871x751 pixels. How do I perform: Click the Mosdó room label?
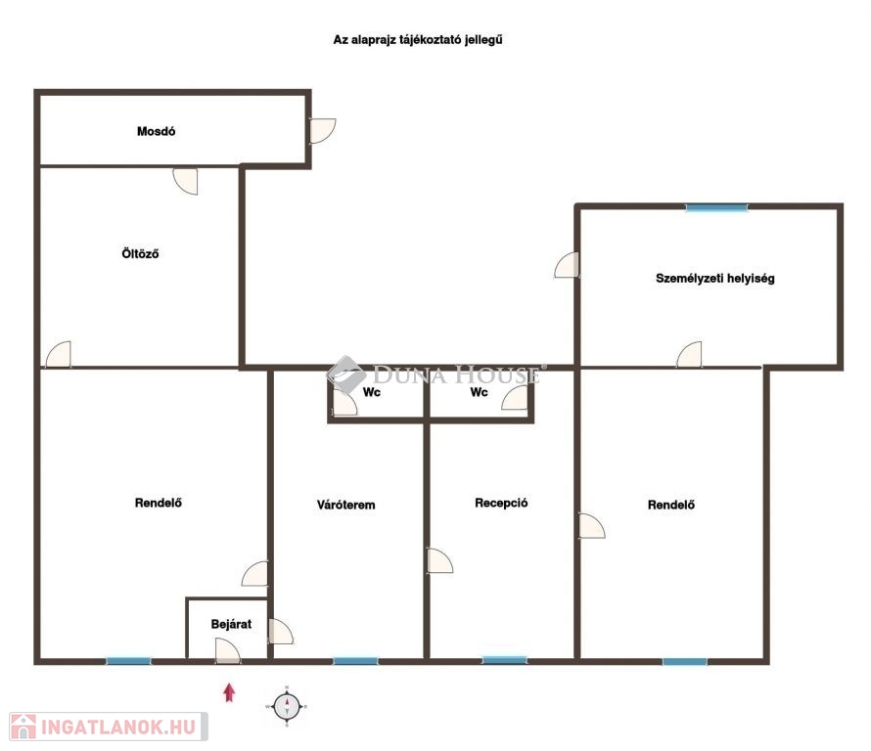click(x=156, y=132)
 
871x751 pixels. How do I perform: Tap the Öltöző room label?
click(x=140, y=253)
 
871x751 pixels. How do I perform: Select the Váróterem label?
click(x=345, y=505)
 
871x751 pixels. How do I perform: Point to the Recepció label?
click(x=501, y=503)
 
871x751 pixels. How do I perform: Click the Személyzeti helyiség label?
click(x=715, y=278)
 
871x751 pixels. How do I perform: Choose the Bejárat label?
click(x=231, y=624)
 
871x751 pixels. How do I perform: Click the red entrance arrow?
click(x=229, y=692)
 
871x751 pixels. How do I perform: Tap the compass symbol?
click(x=287, y=707)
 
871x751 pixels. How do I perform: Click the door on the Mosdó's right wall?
click(x=322, y=131)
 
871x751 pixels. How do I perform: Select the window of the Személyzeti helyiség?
click(x=716, y=207)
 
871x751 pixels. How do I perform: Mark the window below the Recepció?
click(x=504, y=660)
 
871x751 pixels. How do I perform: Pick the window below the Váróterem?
click(x=355, y=660)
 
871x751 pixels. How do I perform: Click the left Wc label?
click(x=372, y=392)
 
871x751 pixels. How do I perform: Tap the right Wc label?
click(x=479, y=392)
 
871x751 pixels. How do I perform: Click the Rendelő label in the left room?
click(x=159, y=503)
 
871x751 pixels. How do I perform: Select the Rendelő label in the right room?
click(x=671, y=505)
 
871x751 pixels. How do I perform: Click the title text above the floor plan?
click(x=418, y=40)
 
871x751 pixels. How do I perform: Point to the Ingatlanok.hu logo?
click(x=109, y=727)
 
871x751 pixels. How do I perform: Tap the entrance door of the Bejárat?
click(x=228, y=651)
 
